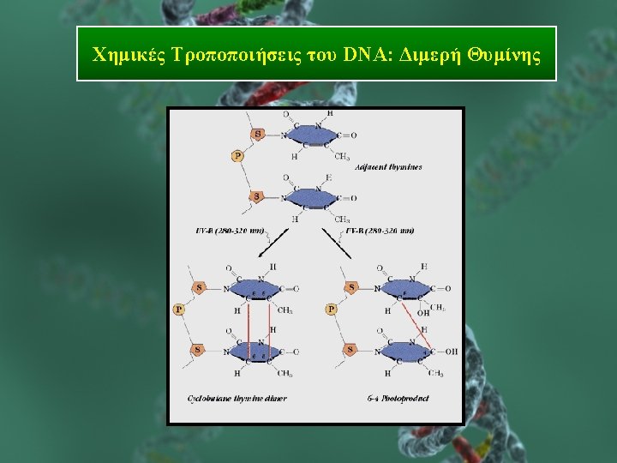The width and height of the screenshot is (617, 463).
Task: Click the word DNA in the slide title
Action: tap(363, 56)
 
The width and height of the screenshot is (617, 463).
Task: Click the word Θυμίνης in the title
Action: tap(505, 56)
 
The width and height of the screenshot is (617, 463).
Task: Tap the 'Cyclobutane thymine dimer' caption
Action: tap(237, 399)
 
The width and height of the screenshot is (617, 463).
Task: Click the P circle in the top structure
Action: tap(237, 156)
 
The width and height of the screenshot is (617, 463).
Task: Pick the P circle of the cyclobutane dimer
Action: tap(179, 309)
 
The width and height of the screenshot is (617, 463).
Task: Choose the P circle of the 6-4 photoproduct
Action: tap(332, 309)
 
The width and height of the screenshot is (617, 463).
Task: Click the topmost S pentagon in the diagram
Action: tap(257, 134)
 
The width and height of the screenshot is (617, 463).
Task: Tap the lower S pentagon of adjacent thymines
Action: tap(257, 197)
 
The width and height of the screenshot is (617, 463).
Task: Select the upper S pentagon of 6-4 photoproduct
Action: tap(350, 288)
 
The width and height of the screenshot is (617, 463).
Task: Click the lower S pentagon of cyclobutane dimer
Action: tap(198, 350)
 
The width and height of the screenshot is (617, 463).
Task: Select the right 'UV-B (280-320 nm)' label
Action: tap(380, 231)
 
